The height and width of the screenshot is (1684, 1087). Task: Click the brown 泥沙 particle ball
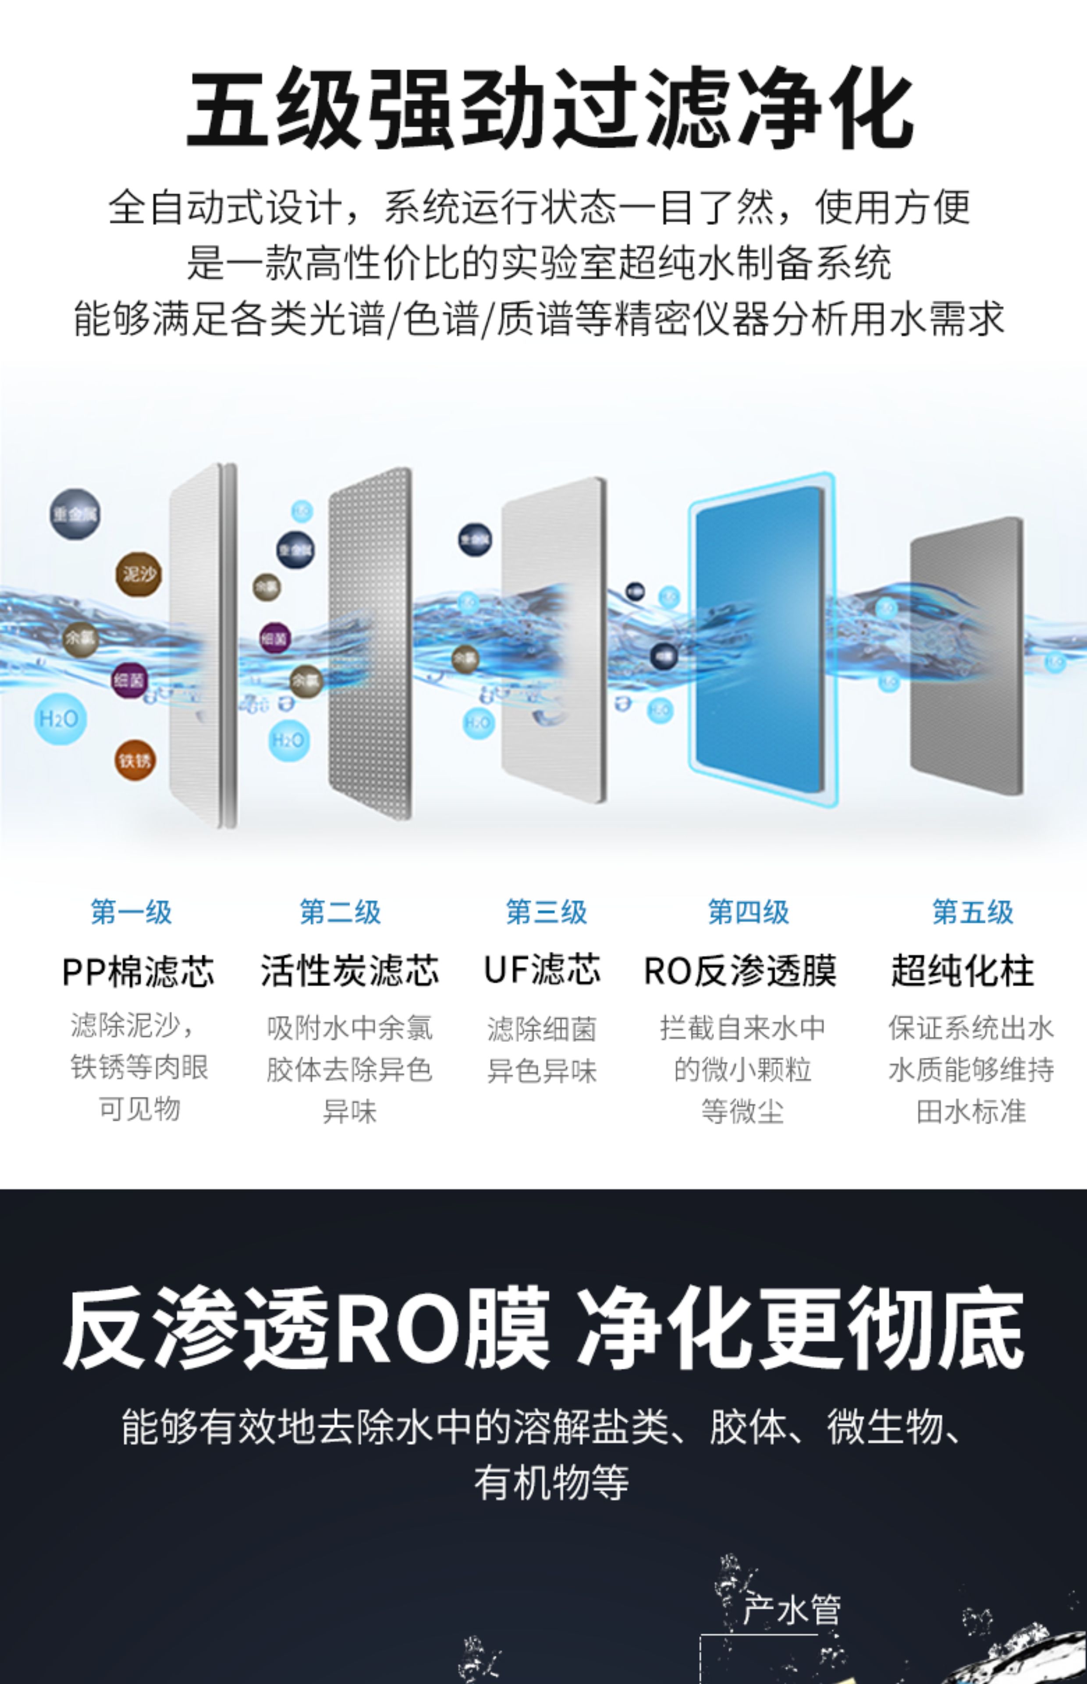[139, 574]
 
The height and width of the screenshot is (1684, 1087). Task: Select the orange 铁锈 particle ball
[135, 760]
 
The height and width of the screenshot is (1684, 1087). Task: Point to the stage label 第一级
[131, 912]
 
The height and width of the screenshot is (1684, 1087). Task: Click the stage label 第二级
[340, 912]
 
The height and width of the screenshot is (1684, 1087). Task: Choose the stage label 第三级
[546, 912]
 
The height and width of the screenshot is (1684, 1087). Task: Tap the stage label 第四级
[748, 912]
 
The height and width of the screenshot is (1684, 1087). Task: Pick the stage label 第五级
[973, 912]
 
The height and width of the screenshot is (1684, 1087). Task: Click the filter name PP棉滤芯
[139, 971]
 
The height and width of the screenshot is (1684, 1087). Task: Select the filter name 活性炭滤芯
[349, 971]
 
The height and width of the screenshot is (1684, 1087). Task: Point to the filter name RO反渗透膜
[740, 971]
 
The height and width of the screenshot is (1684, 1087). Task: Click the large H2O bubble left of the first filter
[60, 719]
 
